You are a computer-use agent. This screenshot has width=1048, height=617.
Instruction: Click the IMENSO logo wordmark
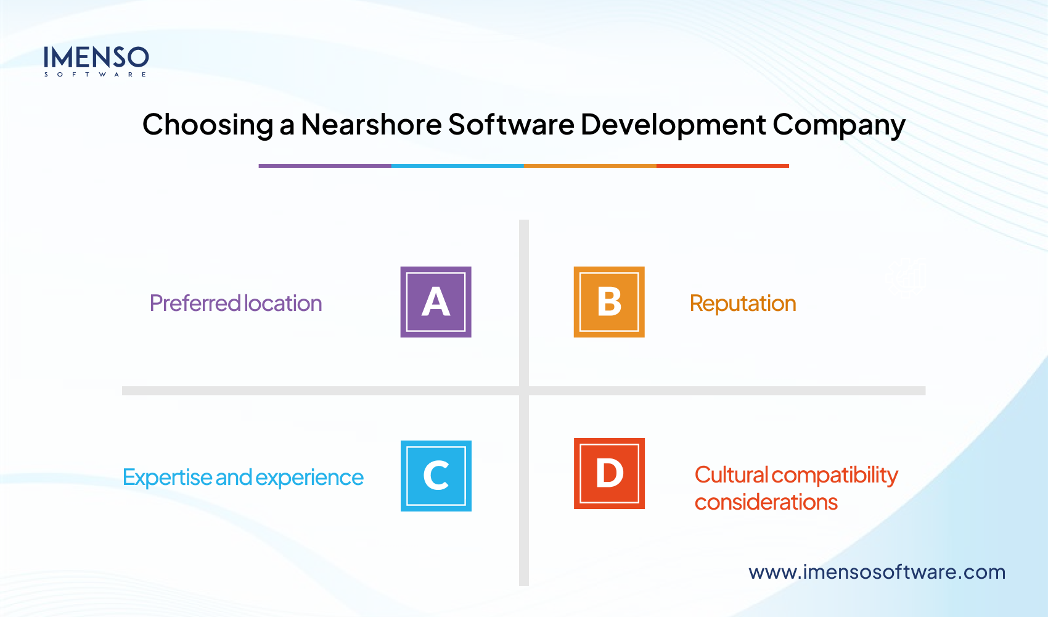(96, 57)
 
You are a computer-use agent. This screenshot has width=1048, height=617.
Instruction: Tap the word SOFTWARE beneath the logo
(96, 75)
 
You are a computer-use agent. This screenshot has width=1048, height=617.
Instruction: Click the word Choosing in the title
(208, 125)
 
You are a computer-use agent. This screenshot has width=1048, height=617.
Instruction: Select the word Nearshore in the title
(370, 125)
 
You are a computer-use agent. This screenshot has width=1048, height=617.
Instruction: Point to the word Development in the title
(673, 125)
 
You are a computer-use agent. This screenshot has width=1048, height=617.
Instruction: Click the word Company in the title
(839, 126)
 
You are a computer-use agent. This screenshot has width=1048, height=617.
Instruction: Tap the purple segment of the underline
(325, 166)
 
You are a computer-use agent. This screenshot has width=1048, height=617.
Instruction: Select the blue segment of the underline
(457, 166)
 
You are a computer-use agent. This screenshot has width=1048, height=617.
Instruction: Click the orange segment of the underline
(590, 166)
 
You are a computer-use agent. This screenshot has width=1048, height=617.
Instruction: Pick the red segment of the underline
(723, 166)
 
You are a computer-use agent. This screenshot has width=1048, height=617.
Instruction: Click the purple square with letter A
(436, 302)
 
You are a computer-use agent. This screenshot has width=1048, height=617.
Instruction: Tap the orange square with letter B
(609, 302)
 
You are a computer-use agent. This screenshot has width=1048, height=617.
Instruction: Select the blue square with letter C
(436, 476)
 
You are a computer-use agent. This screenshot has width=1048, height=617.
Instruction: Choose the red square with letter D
(609, 473)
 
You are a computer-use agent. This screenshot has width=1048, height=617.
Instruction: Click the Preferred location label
(235, 304)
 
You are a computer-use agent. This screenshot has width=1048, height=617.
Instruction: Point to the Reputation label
(743, 304)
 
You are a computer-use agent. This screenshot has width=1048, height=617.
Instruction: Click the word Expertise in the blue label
(167, 478)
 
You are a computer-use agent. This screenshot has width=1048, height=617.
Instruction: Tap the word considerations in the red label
(766, 502)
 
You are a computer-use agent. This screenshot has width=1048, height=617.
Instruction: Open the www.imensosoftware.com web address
(877, 572)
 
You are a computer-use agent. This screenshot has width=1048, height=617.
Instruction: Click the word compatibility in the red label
(835, 475)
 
